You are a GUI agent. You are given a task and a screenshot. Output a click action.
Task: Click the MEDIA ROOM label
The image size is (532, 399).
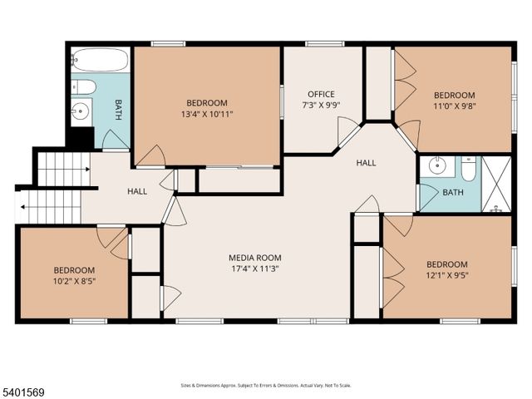pos(255,258)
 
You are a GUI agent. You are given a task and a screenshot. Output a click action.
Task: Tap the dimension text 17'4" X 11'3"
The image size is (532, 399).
pos(255,268)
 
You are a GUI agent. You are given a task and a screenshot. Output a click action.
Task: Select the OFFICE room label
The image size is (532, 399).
pos(321,94)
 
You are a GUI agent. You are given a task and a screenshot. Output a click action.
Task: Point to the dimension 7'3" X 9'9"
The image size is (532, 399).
pos(321,105)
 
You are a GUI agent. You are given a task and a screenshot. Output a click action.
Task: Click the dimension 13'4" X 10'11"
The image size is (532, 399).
pos(207,114)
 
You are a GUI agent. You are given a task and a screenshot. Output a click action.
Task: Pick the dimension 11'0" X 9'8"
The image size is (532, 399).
pos(455,106)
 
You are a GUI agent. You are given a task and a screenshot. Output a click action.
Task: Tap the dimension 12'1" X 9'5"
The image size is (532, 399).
pos(446,275)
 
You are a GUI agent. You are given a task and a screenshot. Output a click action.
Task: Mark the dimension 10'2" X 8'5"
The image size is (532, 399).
pos(74,281)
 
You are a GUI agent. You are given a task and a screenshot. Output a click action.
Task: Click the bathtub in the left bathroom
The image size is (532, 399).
pos(100,60)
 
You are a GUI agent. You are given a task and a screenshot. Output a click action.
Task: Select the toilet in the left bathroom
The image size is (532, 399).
pos(84,87)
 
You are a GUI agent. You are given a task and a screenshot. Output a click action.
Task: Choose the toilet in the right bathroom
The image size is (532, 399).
pos(468,170)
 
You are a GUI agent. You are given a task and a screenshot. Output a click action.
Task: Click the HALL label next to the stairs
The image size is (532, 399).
pos(137,191)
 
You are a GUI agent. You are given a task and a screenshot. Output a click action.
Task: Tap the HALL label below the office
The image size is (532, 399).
pos(367,163)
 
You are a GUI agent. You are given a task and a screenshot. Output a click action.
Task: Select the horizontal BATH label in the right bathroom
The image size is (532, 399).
pos(453,193)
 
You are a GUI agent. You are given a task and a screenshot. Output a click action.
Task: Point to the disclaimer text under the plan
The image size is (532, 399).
pos(266,385)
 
